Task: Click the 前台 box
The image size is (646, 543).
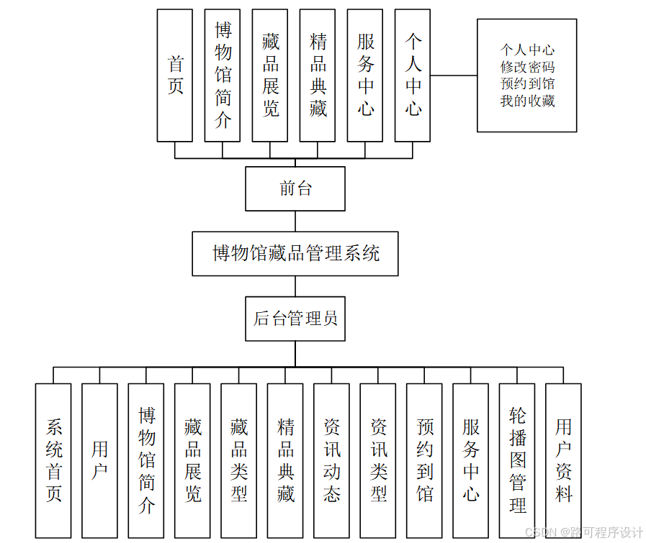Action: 295,188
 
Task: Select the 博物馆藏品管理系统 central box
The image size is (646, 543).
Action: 295,253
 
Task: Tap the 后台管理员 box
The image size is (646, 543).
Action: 295,319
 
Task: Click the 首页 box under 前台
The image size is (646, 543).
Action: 175,76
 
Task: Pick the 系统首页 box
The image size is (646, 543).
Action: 53,460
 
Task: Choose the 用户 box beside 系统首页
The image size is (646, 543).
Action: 99,460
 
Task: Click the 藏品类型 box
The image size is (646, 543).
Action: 238,460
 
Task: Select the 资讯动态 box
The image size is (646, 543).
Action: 331,460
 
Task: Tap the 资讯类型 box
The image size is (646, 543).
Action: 378,460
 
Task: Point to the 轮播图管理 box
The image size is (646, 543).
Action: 517,460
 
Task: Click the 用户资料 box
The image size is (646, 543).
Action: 563,460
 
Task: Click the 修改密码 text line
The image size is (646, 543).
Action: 527,67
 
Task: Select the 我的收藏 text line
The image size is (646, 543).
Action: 527,101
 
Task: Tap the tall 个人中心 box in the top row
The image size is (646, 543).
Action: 413,76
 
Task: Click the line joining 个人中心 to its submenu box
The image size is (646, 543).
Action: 454,75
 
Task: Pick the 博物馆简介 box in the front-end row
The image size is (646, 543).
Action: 223,76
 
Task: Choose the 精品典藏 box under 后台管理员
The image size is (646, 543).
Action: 285,460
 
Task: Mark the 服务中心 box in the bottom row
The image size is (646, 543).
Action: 471,460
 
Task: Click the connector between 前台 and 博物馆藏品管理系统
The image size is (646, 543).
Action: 295,221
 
